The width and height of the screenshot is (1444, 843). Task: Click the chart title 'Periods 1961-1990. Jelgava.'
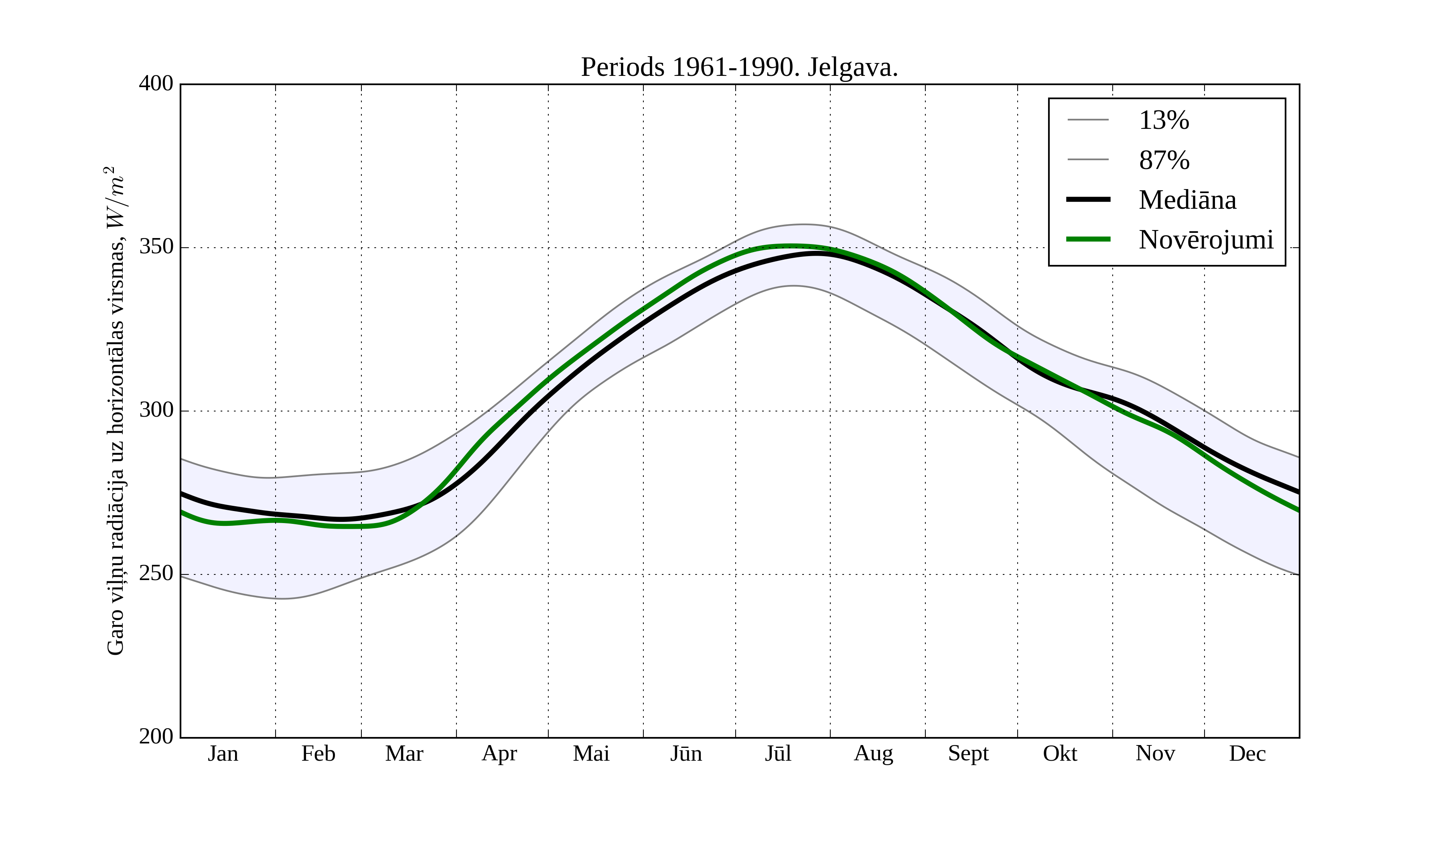739,68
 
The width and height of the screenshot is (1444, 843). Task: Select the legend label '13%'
1164,120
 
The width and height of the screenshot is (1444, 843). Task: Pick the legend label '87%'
1164,160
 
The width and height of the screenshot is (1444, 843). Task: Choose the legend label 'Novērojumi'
1206,240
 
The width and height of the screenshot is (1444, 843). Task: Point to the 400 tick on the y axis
156,84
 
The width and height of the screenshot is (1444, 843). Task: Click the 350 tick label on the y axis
156,247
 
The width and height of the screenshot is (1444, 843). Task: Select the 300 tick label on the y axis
156,411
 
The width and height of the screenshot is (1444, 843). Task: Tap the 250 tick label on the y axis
156,574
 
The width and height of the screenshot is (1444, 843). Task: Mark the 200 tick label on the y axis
156,736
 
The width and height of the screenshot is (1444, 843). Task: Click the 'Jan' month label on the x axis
223,753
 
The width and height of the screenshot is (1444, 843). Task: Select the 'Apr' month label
499,753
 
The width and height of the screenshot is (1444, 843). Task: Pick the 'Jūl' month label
778,753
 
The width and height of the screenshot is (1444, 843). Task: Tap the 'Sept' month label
968,753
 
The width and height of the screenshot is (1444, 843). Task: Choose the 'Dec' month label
1247,753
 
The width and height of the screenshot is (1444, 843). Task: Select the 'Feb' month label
318,753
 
